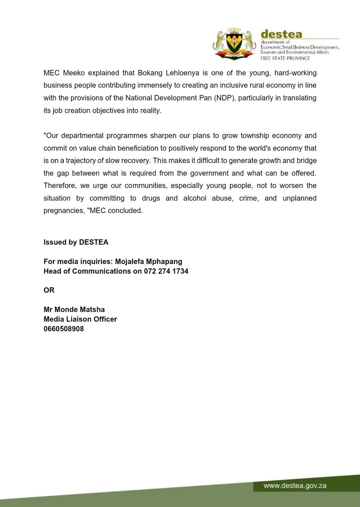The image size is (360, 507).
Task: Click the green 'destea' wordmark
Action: (x=279, y=34)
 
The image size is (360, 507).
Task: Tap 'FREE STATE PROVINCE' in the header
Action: (x=285, y=58)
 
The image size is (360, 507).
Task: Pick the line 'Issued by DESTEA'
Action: (x=76, y=243)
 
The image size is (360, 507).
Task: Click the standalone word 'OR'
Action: (x=49, y=290)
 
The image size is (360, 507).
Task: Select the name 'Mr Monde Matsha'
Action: (x=74, y=310)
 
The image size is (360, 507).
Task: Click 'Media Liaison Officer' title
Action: (x=80, y=319)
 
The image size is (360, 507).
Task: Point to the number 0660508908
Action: (x=64, y=328)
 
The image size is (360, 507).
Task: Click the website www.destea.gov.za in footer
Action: (x=295, y=486)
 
